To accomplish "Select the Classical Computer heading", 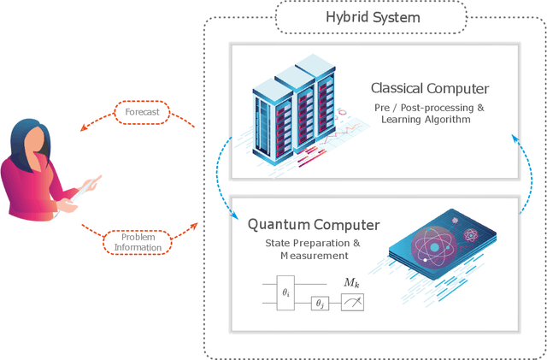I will coord(429,88).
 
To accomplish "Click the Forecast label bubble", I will coord(143,112).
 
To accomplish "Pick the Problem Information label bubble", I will coord(138,243).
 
